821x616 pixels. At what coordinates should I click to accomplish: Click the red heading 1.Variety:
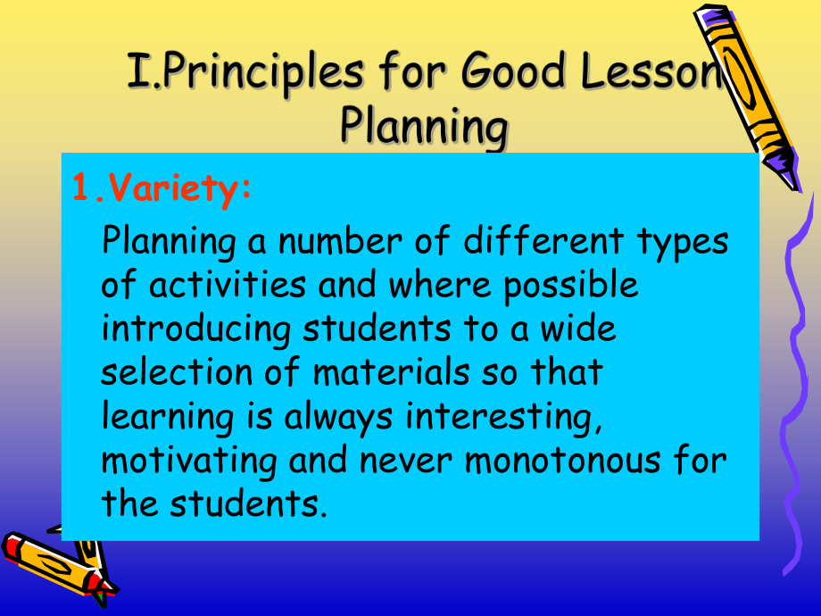[162, 190]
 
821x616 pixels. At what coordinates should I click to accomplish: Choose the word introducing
[196, 329]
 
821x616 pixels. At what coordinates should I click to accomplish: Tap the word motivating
[181, 461]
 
